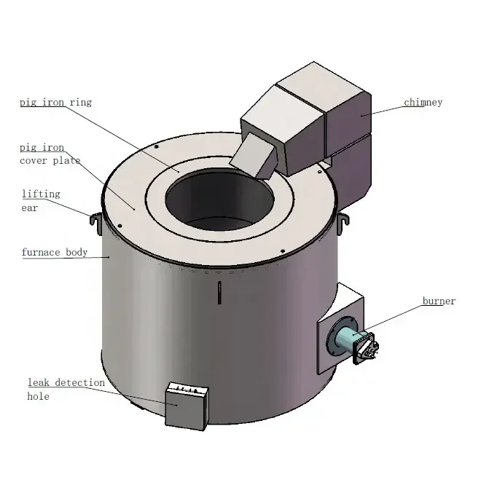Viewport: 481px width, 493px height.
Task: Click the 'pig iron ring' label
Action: point(55,103)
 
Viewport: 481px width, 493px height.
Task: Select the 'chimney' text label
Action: point(423,103)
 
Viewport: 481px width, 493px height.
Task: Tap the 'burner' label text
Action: point(439,301)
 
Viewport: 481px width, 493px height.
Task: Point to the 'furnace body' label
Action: point(54,253)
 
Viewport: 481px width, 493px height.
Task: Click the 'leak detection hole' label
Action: point(66,389)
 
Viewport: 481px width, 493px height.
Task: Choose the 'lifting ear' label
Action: point(41,200)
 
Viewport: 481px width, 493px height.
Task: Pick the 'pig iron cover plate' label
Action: point(50,154)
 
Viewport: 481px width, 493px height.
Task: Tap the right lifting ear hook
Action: point(343,219)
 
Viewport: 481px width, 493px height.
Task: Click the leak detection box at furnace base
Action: point(186,406)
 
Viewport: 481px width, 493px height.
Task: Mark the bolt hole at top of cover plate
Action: point(157,146)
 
